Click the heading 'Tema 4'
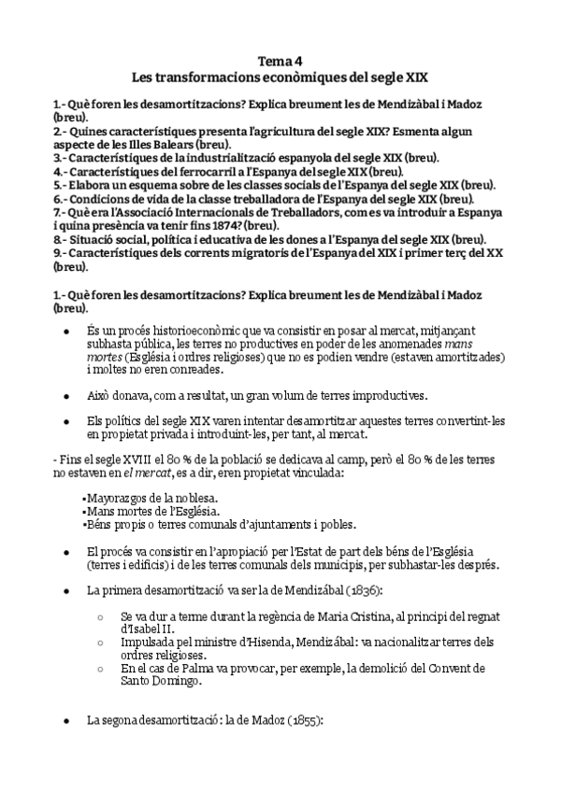click(280, 58)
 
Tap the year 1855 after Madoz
click(304, 722)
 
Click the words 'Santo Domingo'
click(161, 682)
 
